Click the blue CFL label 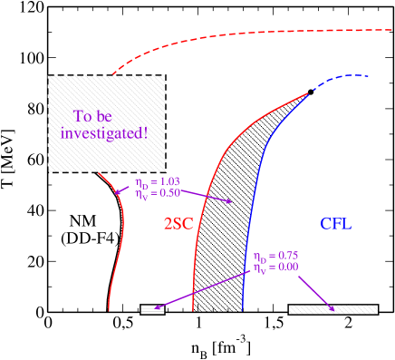point(335,223)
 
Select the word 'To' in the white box point(83,115)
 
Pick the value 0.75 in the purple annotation point(284,257)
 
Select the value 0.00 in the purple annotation point(284,268)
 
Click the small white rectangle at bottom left point(152,309)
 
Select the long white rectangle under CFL point(332,309)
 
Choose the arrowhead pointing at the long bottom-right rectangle point(332,308)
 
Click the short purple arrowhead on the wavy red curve point(119,191)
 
